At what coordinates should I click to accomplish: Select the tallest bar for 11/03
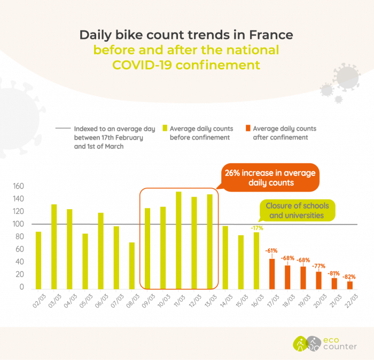click(x=178, y=240)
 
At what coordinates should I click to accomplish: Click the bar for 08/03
click(x=132, y=266)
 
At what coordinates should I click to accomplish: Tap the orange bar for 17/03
click(x=272, y=274)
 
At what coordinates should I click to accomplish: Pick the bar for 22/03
click(x=350, y=285)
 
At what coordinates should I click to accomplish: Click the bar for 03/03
click(x=54, y=247)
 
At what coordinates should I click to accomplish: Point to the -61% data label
click(x=271, y=251)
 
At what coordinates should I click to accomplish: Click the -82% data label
click(x=349, y=277)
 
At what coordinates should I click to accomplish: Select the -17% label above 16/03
click(x=257, y=228)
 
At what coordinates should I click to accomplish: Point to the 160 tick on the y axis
click(x=18, y=186)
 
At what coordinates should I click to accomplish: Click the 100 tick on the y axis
click(x=18, y=224)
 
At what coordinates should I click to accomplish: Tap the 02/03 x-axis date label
click(x=40, y=301)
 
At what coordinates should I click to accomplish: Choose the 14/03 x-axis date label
click(x=226, y=301)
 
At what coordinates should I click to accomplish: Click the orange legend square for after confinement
click(x=248, y=128)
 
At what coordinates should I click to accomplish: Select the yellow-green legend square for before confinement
click(x=165, y=128)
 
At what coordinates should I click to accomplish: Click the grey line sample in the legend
click(x=63, y=128)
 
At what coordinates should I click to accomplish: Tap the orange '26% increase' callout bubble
click(x=270, y=178)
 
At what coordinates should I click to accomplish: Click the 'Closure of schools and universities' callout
click(x=297, y=211)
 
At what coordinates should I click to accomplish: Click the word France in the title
click(x=271, y=35)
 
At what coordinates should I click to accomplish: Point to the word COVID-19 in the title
click(x=142, y=65)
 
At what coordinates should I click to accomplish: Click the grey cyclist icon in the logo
click(x=313, y=344)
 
